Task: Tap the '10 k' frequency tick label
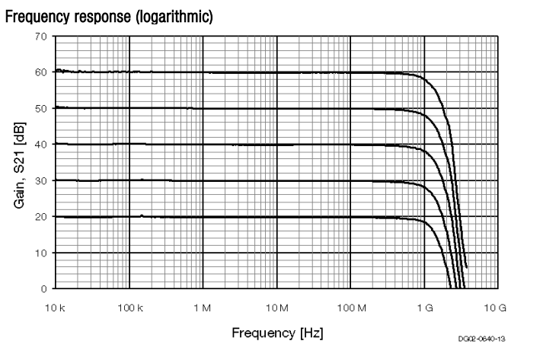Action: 56,306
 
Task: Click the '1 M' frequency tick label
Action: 203,306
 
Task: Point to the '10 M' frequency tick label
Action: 276,306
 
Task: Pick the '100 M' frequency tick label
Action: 350,306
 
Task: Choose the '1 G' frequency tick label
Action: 423,306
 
